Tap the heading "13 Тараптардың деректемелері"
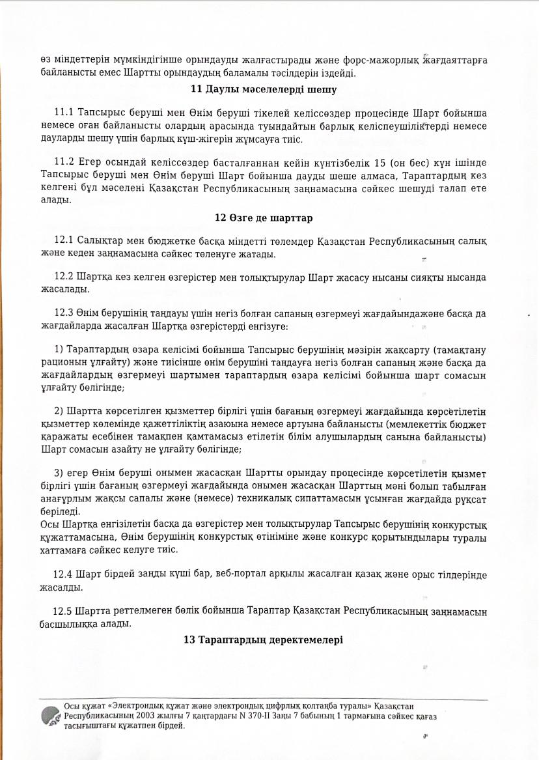pyautogui.click(x=263, y=640)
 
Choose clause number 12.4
pyautogui.click(x=63, y=574)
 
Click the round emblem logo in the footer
pyautogui.click(x=51, y=716)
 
